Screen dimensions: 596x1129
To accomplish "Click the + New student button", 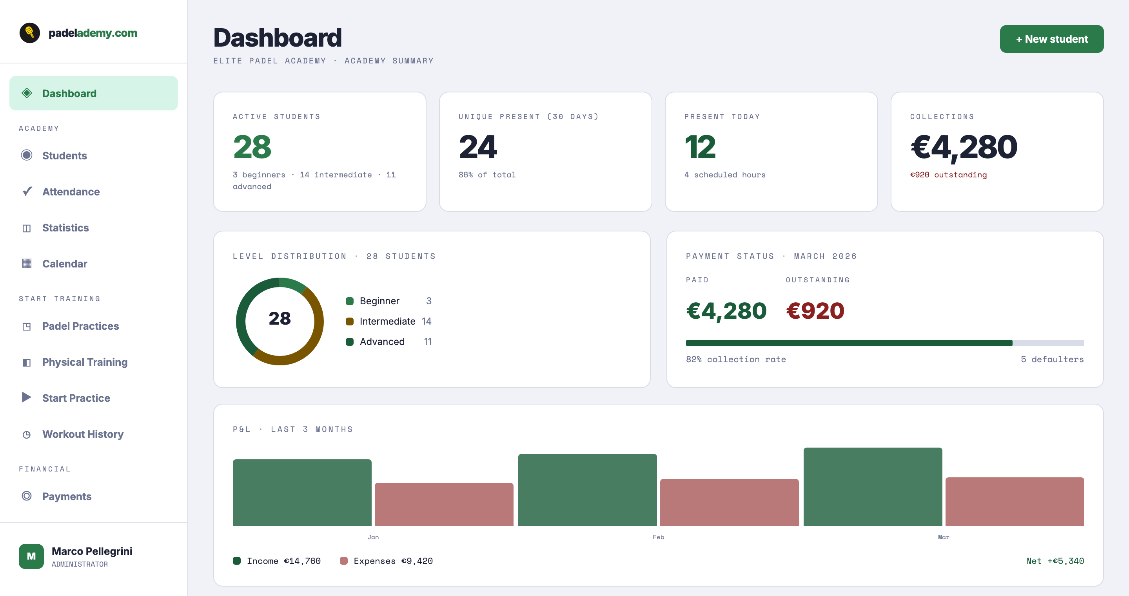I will pyautogui.click(x=1051, y=39).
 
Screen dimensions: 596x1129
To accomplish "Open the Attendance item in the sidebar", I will pyautogui.click(x=71, y=192).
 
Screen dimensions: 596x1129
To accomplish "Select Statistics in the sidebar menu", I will pyautogui.click(x=65, y=228).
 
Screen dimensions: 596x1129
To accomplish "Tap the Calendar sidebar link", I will pyautogui.click(x=64, y=264).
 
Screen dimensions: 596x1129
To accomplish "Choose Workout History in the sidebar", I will pyautogui.click(x=82, y=434).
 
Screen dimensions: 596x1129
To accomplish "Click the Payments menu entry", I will pyautogui.click(x=67, y=496).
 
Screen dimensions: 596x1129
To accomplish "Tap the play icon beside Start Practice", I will pyautogui.click(x=26, y=397).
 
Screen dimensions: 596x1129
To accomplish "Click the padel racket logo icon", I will pyautogui.click(x=30, y=33).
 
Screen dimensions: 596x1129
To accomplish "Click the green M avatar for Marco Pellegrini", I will pyautogui.click(x=31, y=556).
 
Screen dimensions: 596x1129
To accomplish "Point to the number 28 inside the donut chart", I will pyautogui.click(x=280, y=318).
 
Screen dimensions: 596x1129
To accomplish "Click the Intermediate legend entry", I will pyautogui.click(x=387, y=321).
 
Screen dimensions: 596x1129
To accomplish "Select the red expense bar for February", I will pyautogui.click(x=729, y=502).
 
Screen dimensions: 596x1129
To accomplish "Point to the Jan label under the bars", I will pyautogui.click(x=373, y=537).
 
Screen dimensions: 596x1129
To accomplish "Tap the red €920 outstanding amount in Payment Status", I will pyautogui.click(x=815, y=311).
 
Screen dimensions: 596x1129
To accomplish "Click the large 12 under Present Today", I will pyautogui.click(x=699, y=147).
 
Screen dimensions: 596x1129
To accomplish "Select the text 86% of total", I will pyautogui.click(x=487, y=175).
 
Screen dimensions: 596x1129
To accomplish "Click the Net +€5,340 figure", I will pyautogui.click(x=1055, y=561).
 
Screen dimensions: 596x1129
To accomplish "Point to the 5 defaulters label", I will pyautogui.click(x=1052, y=359).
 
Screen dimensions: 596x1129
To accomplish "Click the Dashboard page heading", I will pyautogui.click(x=277, y=38).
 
